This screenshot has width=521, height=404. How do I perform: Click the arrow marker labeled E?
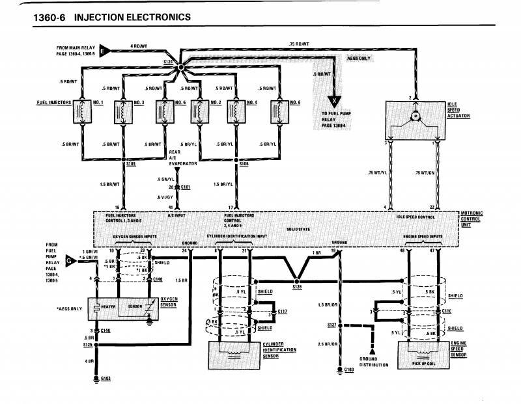pyautogui.click(x=109, y=47)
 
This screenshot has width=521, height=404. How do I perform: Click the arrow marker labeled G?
pyautogui.click(x=70, y=262)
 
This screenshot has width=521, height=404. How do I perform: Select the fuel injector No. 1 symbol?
pyautogui.click(x=83, y=110)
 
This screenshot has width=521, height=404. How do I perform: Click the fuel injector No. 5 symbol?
pyautogui.click(x=162, y=110)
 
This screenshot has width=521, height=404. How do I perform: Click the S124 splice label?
pyautogui.click(x=169, y=61)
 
